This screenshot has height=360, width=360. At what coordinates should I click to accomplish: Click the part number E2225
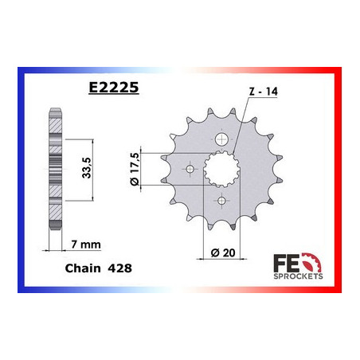pos(114,87)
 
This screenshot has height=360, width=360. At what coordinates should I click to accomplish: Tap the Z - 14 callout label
pos(264,92)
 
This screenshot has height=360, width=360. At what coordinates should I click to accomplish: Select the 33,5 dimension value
pos(87,168)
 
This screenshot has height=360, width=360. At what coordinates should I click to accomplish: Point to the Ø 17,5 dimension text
pos(134,169)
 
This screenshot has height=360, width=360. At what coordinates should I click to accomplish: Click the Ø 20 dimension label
pos(223,252)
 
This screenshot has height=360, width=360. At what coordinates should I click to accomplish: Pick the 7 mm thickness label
pos(86,245)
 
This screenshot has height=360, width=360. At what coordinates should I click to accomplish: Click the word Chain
pos(83,268)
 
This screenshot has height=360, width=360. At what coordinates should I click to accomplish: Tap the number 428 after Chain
pos(119,268)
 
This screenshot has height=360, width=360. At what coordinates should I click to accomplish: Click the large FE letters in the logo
pos(286,263)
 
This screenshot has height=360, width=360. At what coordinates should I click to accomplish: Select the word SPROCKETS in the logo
pos(298,276)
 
